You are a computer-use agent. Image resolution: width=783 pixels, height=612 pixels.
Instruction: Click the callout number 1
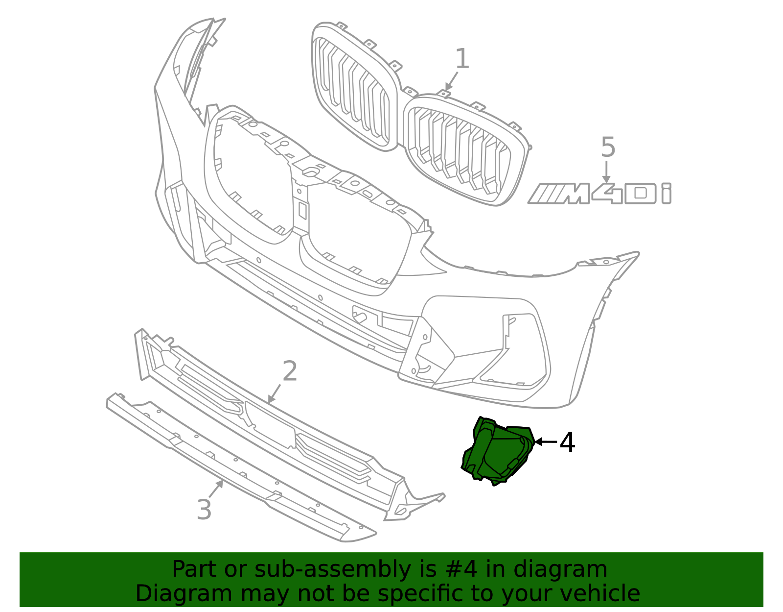pos(462,59)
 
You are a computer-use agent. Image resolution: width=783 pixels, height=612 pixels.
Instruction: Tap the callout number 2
pos(290,371)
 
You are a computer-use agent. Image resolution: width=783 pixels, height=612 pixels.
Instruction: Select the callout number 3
pos(204,510)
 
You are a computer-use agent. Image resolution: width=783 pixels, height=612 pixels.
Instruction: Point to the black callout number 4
pos(567,442)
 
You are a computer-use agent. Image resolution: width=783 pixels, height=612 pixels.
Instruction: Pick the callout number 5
pos(608,147)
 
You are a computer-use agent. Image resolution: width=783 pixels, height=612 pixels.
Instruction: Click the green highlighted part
pos(497,451)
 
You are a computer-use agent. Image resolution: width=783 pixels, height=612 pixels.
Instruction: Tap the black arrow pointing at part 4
pos(545,441)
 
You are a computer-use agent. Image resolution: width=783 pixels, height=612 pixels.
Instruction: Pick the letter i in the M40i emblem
pos(666,194)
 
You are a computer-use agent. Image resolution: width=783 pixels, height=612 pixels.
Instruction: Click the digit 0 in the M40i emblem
pos(640,194)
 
